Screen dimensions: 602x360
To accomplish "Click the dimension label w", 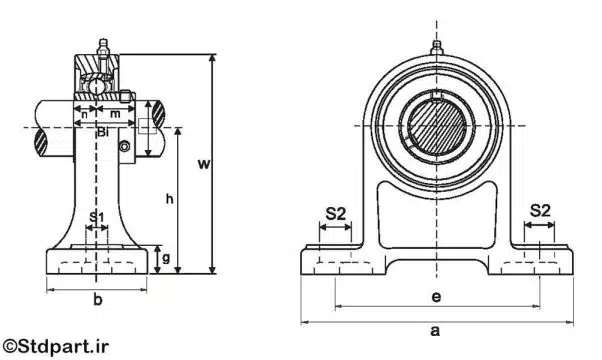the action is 204,164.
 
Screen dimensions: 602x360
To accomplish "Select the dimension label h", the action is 169,198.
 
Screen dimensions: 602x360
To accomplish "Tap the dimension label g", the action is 165,258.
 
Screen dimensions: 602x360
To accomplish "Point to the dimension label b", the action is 98,299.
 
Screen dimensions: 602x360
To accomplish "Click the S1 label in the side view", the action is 97,217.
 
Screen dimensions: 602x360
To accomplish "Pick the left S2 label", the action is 336,213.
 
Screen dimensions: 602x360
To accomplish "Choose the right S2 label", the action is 540,211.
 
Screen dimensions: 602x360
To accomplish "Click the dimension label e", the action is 436,296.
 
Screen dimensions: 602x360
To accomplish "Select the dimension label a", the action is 435,330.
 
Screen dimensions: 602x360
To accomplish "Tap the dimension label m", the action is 115,114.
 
